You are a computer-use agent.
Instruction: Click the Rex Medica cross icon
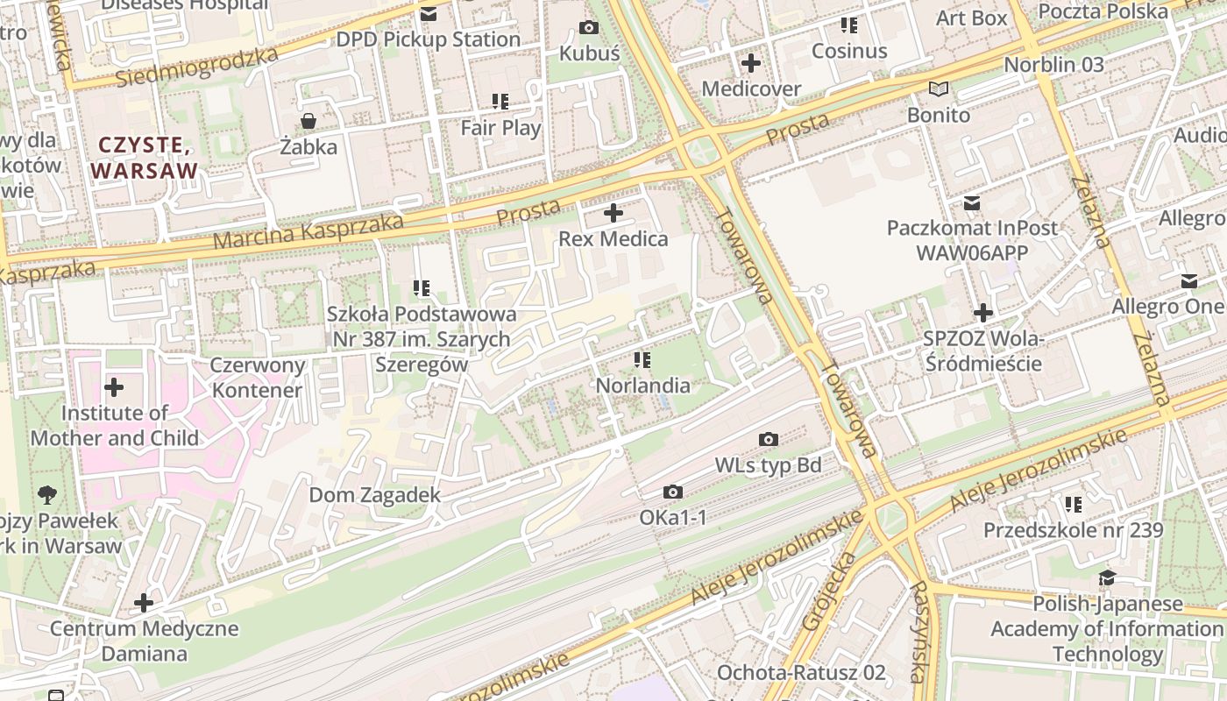613,213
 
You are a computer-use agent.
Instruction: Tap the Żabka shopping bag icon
309,121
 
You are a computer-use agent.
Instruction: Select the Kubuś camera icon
589,28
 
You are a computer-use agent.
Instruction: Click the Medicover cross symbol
751,63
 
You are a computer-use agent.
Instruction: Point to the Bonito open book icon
939,89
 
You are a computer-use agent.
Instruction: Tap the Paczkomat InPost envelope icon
972,203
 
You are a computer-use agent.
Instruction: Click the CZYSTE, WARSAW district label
145,158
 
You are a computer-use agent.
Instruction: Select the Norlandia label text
642,386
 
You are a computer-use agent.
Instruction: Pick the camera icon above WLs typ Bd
769,439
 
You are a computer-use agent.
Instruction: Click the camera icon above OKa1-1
673,492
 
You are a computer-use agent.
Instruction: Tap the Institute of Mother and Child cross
114,387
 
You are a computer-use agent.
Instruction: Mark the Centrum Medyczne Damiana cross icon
144,603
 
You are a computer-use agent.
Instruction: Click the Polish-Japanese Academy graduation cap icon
1108,578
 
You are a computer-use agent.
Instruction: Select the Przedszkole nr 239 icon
1073,505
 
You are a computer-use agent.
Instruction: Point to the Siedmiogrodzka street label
197,67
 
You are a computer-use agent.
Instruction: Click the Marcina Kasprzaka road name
308,230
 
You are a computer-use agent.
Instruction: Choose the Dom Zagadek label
374,495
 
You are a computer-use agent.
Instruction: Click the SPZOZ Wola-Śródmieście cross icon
983,313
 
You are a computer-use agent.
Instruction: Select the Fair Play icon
500,102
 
